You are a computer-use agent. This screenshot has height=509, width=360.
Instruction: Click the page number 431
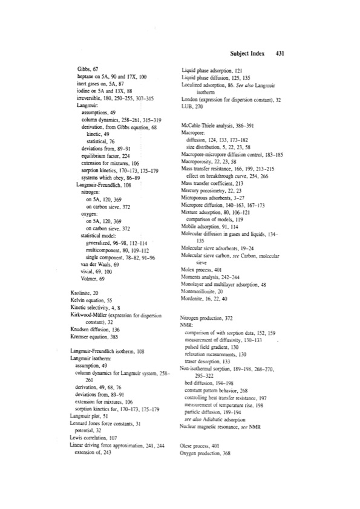coord(280,53)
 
